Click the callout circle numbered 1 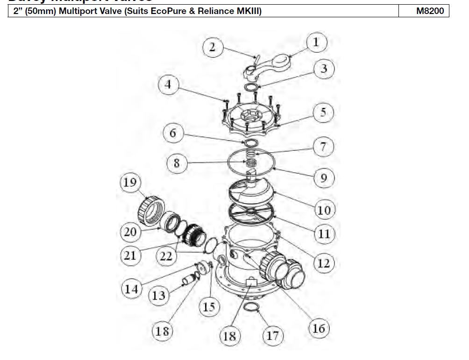[x=316, y=42]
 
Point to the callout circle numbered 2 [x=213, y=48]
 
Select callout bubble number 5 [x=323, y=113]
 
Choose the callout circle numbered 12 [x=323, y=263]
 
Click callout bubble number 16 [x=318, y=328]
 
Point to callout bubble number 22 [x=166, y=256]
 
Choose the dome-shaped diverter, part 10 [x=252, y=189]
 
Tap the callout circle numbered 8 [x=177, y=163]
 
